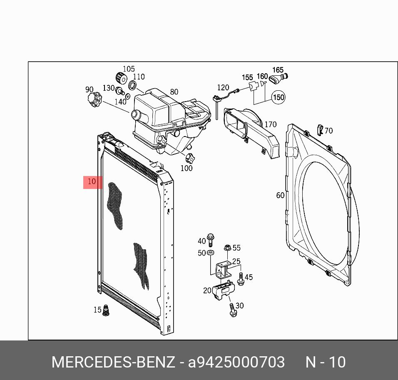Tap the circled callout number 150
279,97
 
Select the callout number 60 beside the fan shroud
280,195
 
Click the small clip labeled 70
320,130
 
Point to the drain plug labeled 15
106,310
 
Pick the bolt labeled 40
210,240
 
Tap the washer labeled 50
210,253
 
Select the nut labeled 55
227,247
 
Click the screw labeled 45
240,279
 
